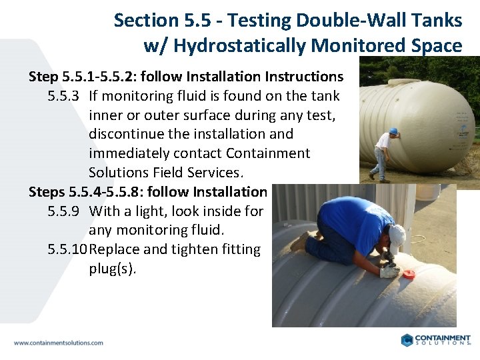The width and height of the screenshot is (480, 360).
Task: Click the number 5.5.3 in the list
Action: pyautogui.click(x=64, y=96)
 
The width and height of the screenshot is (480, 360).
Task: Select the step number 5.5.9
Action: pyautogui.click(x=64, y=211)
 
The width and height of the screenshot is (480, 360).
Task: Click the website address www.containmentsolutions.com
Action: pyautogui.click(x=59, y=343)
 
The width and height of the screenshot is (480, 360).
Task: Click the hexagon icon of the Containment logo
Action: pyautogui.click(x=407, y=340)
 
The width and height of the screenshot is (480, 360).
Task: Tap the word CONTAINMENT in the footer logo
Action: pyautogui.click(x=443, y=338)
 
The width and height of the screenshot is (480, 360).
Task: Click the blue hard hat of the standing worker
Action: pyautogui.click(x=394, y=131)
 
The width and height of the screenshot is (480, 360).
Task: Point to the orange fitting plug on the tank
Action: pyautogui.click(x=408, y=273)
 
